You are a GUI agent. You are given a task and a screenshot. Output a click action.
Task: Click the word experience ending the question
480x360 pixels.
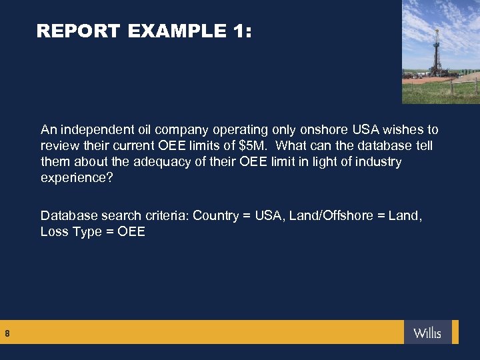[73, 178]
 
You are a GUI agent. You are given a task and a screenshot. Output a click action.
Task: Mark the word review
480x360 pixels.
[59, 145]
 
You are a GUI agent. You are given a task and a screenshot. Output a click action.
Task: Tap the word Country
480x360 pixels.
[216, 215]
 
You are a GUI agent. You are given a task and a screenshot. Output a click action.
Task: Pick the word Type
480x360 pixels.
[87, 232]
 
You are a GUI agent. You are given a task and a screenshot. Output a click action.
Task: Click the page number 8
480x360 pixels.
[7, 332]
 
